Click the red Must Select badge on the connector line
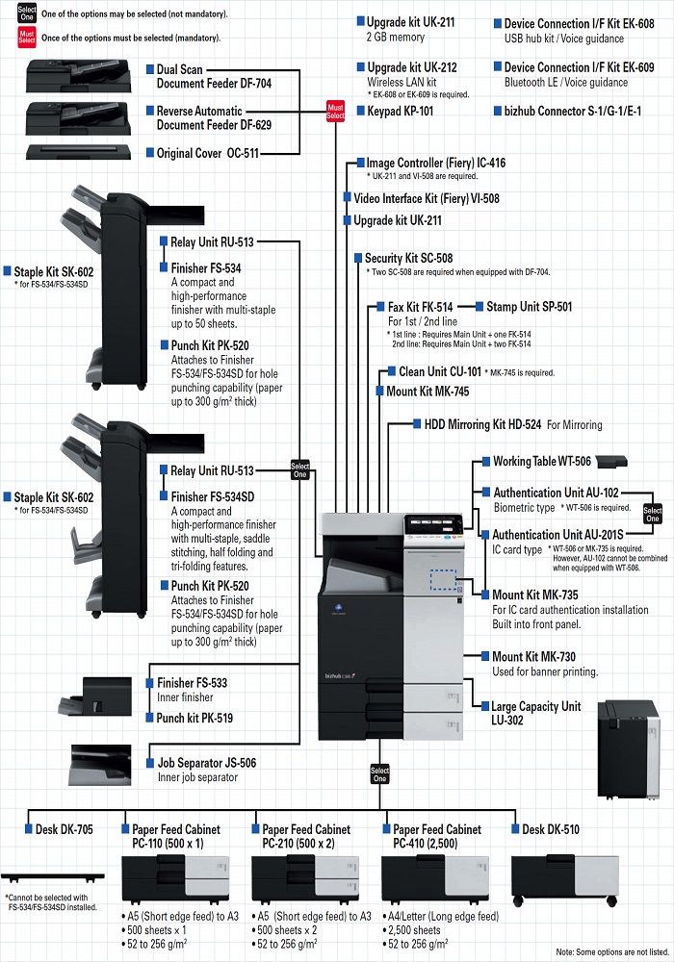[x=335, y=112]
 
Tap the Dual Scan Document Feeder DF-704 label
[x=214, y=76]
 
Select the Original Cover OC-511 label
[x=207, y=153]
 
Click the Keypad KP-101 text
[x=401, y=111]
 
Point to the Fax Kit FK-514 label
[x=420, y=307]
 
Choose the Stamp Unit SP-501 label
[x=530, y=306]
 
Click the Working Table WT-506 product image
[x=611, y=462]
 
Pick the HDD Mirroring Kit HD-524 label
[x=482, y=424]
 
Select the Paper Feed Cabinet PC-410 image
[x=435, y=878]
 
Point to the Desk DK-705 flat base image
[x=52, y=877]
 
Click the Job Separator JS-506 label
[x=207, y=763]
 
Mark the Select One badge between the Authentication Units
[x=653, y=514]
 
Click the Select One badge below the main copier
[x=379, y=774]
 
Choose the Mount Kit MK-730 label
[x=534, y=656]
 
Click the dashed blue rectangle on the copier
[x=443, y=580]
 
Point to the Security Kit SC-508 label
[x=409, y=258]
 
